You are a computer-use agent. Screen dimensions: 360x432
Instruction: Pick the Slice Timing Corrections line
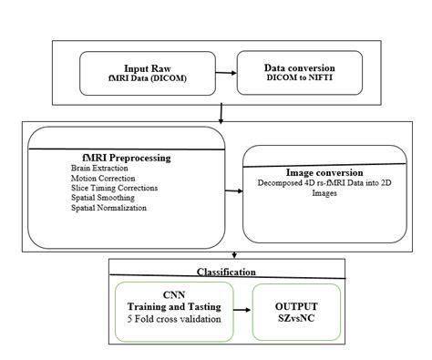113,189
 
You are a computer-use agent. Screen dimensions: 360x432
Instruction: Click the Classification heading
226,272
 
